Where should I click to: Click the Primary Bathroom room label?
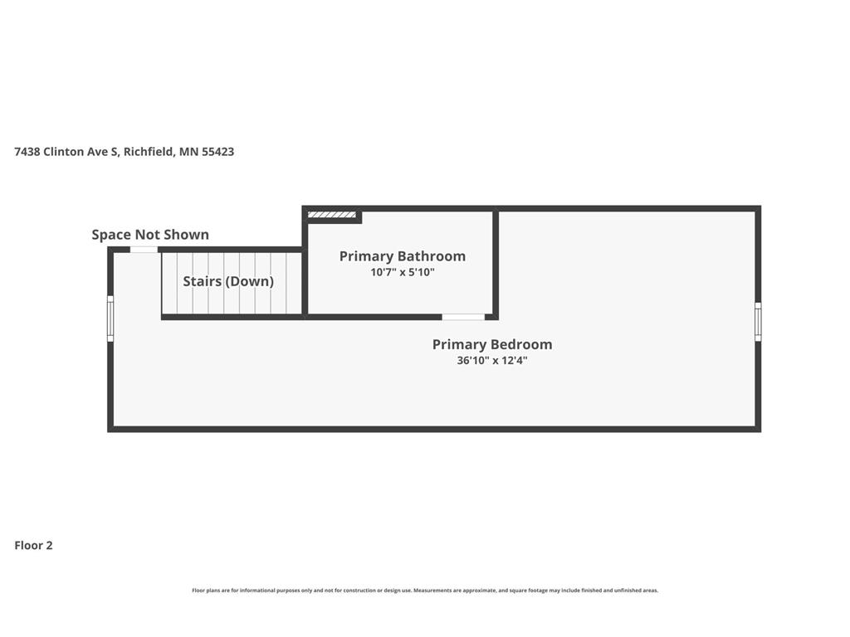pyautogui.click(x=403, y=256)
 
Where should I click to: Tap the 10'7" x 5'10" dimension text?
pyautogui.click(x=403, y=272)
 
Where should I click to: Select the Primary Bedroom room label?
pyautogui.click(x=492, y=344)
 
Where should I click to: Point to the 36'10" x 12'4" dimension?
pyautogui.click(x=492, y=360)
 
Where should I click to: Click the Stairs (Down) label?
pyautogui.click(x=228, y=281)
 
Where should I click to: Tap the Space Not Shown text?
pyautogui.click(x=150, y=235)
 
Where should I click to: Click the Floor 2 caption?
pyautogui.click(x=33, y=546)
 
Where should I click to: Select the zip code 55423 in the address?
pyautogui.click(x=218, y=152)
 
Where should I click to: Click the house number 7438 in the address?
pyautogui.click(x=27, y=152)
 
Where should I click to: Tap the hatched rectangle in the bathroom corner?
pyautogui.click(x=332, y=215)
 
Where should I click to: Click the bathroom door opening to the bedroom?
pyautogui.click(x=463, y=317)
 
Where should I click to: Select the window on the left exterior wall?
pyautogui.click(x=110, y=318)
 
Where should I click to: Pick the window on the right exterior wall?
pyautogui.click(x=758, y=322)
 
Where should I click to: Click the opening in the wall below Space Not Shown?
pyautogui.click(x=144, y=250)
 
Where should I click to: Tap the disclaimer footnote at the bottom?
pyautogui.click(x=425, y=591)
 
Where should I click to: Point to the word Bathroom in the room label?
pyautogui.click(x=432, y=256)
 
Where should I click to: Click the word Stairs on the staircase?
pyautogui.click(x=203, y=281)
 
